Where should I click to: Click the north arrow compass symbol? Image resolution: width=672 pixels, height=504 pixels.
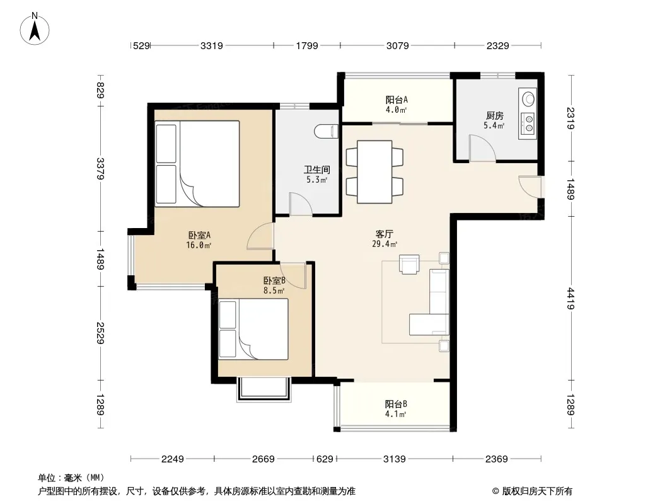coord(35,29)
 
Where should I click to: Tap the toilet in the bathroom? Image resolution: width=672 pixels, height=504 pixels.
coord(327,132)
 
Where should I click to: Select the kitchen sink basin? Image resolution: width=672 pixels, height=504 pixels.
coord(528,98)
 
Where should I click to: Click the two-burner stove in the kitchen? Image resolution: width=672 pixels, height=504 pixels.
coord(527,123)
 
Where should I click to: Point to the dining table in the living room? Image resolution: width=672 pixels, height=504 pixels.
coord(374,172)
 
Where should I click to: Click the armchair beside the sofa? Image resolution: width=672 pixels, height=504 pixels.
coord(409,264)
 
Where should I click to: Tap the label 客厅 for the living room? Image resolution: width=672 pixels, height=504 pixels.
coord(384,234)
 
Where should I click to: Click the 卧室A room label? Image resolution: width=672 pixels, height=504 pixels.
coord(199,235)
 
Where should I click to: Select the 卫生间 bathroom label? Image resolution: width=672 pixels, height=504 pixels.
coord(316,169)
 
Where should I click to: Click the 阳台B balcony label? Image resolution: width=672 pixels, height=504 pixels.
coord(395,404)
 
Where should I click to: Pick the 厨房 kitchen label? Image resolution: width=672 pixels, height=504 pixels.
coord(495,116)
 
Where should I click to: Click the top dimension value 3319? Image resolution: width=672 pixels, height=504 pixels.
coord(212,45)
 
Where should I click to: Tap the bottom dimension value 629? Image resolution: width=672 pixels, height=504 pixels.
coord(325,459)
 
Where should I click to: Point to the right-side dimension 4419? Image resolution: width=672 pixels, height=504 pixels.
coord(571,299)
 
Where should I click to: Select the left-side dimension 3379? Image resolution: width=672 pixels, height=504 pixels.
coord(100,169)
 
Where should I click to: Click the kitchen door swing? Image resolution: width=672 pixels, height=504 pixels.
coord(483,148)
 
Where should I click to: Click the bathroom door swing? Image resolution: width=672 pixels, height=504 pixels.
coord(301,204)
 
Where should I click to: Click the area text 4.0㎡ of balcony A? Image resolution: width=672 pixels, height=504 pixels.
coord(396,110)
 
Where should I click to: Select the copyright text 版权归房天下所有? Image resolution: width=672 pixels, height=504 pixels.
coord(537,491)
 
